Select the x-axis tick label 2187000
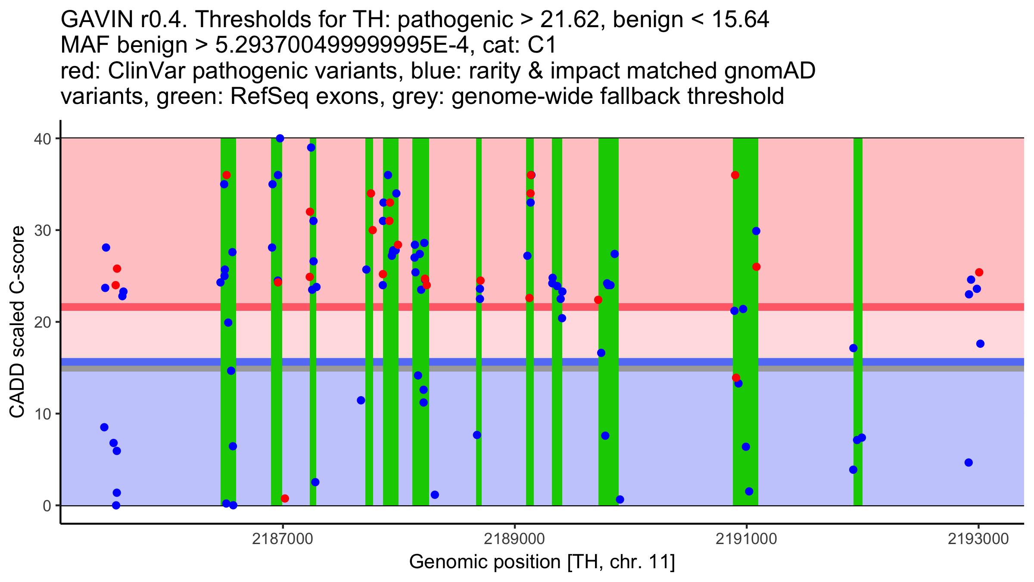coord(283,539)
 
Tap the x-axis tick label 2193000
coord(978,539)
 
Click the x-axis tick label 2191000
coord(746,539)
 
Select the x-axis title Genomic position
coord(542,562)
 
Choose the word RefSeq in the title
coord(269,97)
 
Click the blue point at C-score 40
coord(280,138)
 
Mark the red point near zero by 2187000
coord(285,498)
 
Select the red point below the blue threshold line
coord(736,378)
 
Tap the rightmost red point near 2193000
coord(979,272)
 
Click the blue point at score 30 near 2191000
coord(756,231)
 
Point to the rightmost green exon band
coord(858,302)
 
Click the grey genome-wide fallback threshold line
coord(517,369)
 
